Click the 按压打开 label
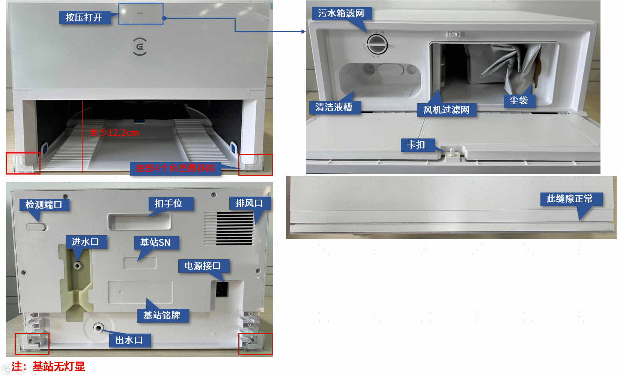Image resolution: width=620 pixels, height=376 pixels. pos(84,17)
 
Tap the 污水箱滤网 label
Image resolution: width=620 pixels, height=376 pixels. pos(341,13)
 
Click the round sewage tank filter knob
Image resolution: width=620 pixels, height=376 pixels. pos(377,45)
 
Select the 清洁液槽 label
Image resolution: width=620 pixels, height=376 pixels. pos(334,107)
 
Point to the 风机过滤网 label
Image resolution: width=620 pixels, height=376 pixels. pos(447,110)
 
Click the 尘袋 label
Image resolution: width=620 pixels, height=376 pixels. pos(519,101)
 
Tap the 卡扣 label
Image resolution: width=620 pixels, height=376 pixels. pos(416,145)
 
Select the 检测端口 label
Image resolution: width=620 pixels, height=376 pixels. pos(44,205)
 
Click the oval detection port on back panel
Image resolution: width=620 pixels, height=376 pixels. pos(36,227)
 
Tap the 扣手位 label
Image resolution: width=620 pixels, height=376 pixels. pos(169,204)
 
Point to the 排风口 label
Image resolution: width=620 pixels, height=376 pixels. pos(249,203)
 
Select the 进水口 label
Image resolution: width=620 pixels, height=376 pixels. pos(85,242)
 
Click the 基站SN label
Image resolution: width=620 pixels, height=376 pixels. pos(155,243)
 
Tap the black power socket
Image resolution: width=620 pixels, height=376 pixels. pos(222,289)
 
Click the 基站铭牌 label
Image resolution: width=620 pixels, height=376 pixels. pos(163,316)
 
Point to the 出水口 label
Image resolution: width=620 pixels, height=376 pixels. pos(129,340)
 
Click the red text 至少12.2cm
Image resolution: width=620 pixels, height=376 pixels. pos(114,133)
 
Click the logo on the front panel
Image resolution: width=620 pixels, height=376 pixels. pos(140,47)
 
